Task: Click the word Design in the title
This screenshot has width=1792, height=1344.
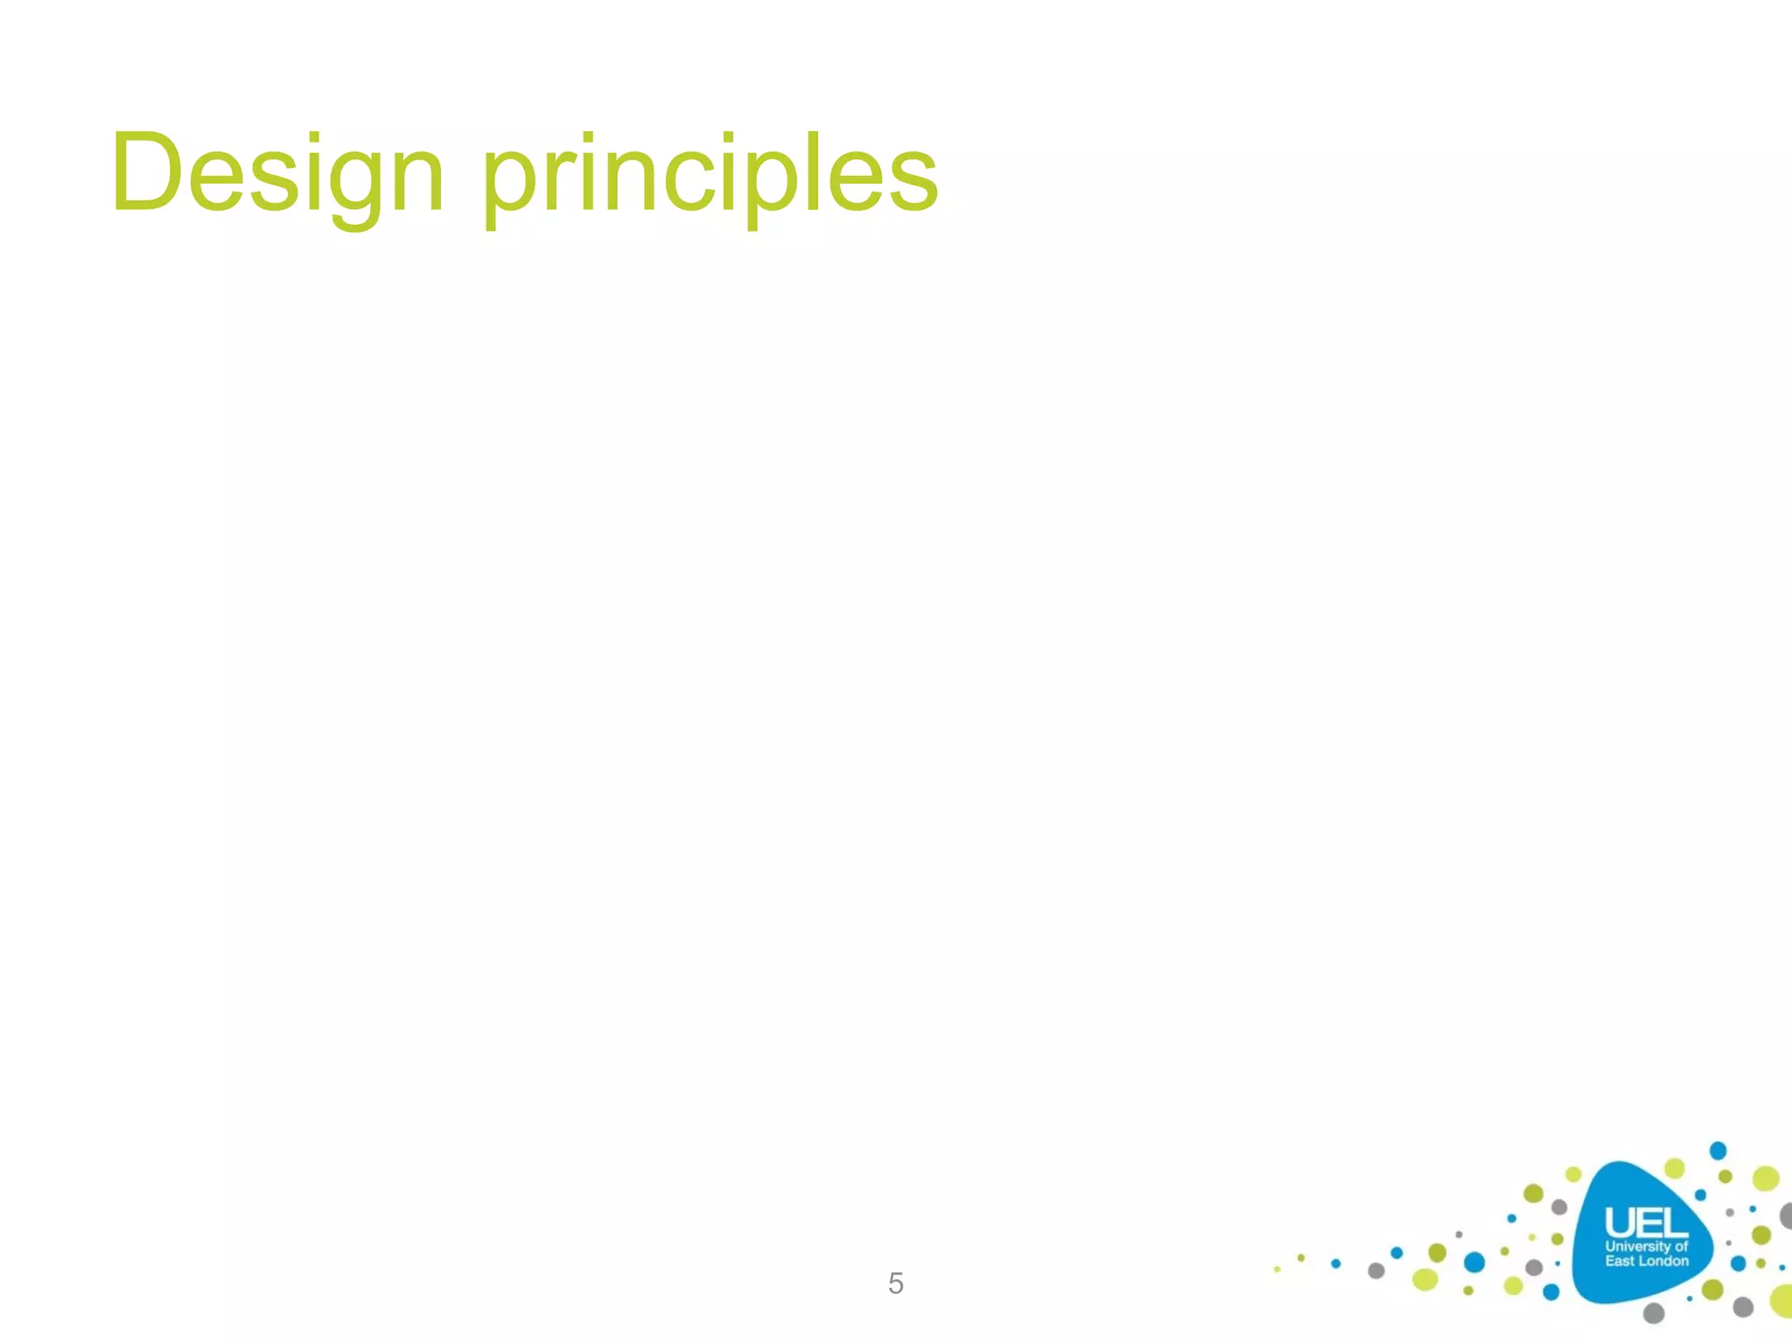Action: [278, 172]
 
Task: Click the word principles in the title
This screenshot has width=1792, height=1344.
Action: [710, 174]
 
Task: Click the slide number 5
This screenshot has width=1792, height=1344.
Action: [895, 1283]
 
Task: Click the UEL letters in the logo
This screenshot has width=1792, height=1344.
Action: [1645, 1222]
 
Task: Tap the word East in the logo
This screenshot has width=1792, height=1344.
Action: [1619, 1261]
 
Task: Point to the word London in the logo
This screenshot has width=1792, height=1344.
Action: [1663, 1261]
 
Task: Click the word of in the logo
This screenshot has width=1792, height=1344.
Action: [1681, 1246]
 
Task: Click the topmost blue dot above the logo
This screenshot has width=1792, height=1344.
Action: [1718, 1150]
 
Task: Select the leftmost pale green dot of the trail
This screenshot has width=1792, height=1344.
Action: [1277, 1269]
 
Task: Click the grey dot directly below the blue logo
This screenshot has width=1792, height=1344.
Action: [1654, 1312]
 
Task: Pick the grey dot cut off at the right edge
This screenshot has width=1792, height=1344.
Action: [1787, 1215]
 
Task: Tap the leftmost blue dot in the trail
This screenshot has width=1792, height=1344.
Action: [1335, 1263]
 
